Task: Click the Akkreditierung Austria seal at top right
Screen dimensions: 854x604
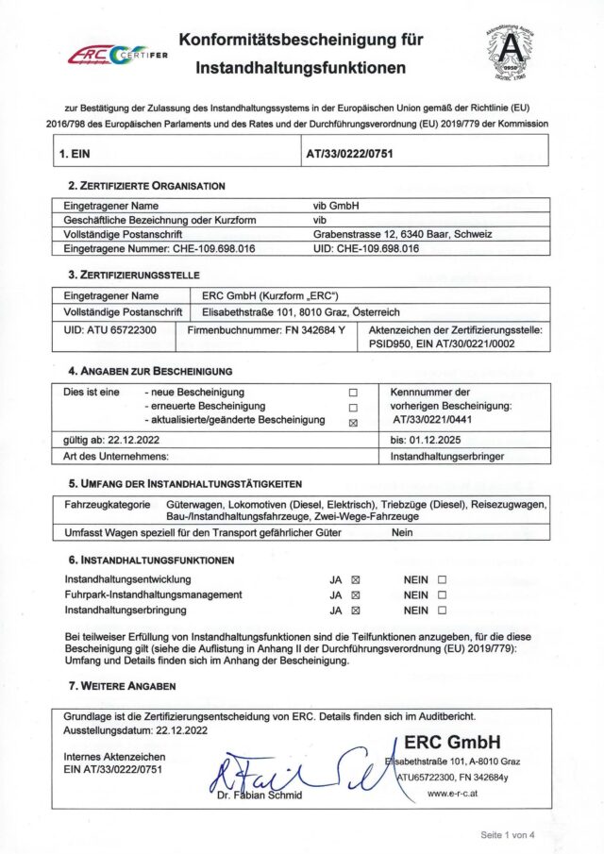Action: (x=516, y=51)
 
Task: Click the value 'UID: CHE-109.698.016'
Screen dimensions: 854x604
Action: (x=366, y=249)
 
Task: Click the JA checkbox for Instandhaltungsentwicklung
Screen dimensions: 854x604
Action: (x=356, y=579)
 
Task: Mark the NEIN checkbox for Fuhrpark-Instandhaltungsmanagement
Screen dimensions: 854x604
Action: (x=442, y=595)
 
